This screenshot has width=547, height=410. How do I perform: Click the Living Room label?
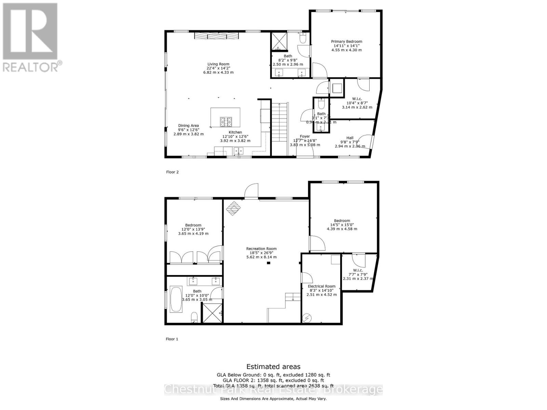click(218, 64)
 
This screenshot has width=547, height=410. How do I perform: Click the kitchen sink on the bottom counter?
click(238, 151)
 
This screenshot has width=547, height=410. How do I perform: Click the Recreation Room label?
click(262, 249)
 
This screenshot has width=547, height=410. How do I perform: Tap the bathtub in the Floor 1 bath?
click(176, 299)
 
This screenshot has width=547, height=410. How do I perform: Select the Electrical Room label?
click(321, 286)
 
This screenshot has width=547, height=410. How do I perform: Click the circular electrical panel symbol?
click(307, 318)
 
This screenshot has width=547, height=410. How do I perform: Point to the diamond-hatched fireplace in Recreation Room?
click(233, 208)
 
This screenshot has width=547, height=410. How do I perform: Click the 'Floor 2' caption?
click(172, 172)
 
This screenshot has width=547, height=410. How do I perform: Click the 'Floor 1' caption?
click(172, 339)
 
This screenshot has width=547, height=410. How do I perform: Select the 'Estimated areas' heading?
click(273, 367)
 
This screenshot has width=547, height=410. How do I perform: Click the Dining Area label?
click(188, 126)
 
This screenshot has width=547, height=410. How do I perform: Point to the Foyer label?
click(305, 137)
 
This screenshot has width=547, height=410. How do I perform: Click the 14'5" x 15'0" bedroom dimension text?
click(342, 225)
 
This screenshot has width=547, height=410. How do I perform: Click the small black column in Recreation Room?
click(269, 263)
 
